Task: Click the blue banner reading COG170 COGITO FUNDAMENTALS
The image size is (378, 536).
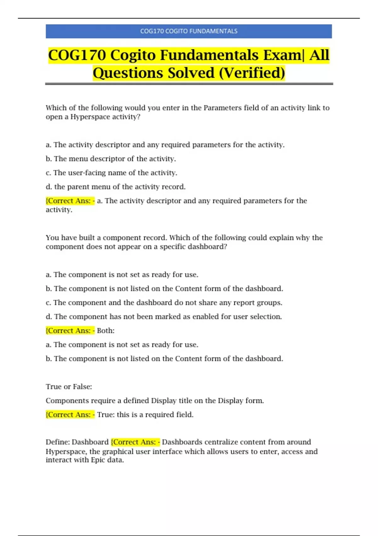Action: [x=189, y=31]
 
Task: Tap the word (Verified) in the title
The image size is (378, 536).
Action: [x=252, y=73]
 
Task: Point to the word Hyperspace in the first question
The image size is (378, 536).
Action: [x=90, y=117]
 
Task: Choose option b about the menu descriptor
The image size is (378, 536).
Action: [x=111, y=159]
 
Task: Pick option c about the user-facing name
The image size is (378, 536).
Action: [x=112, y=173]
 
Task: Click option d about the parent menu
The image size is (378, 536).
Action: [x=116, y=187]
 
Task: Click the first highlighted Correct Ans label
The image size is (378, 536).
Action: [x=70, y=201]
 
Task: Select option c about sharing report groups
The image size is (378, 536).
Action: [x=164, y=303]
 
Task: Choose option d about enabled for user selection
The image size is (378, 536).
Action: [x=164, y=317]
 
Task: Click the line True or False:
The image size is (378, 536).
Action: [x=69, y=387]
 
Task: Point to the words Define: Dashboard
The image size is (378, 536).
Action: [x=77, y=442]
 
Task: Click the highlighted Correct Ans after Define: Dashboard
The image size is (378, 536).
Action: [x=135, y=442]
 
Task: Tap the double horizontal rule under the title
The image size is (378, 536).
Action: [x=189, y=84]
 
